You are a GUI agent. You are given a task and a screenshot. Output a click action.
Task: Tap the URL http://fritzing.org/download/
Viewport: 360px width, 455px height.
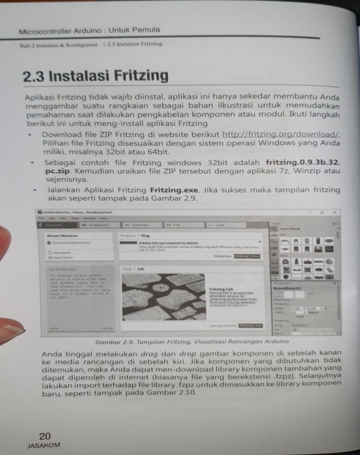(281, 134)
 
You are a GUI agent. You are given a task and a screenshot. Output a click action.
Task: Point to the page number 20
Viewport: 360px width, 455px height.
(45, 436)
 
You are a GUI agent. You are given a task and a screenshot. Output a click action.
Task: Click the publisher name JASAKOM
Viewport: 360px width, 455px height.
(44, 445)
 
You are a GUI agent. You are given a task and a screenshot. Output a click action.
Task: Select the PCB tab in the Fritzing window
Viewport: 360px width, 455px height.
(176, 225)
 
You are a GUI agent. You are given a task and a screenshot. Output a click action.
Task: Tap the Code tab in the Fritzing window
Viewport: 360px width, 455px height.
(217, 225)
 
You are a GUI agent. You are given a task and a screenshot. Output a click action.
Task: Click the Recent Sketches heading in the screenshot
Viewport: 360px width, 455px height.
(62, 235)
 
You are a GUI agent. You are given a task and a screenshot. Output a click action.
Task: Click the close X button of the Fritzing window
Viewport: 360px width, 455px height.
(334, 212)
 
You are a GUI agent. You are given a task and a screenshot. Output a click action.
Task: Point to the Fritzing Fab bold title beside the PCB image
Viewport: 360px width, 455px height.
(221, 289)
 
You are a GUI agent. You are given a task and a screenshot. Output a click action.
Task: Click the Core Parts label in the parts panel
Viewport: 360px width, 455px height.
(290, 229)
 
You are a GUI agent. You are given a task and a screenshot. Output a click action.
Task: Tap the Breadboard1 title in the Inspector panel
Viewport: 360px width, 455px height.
(287, 288)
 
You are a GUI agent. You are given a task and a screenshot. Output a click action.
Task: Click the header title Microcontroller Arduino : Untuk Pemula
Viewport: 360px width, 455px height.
(89, 31)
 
